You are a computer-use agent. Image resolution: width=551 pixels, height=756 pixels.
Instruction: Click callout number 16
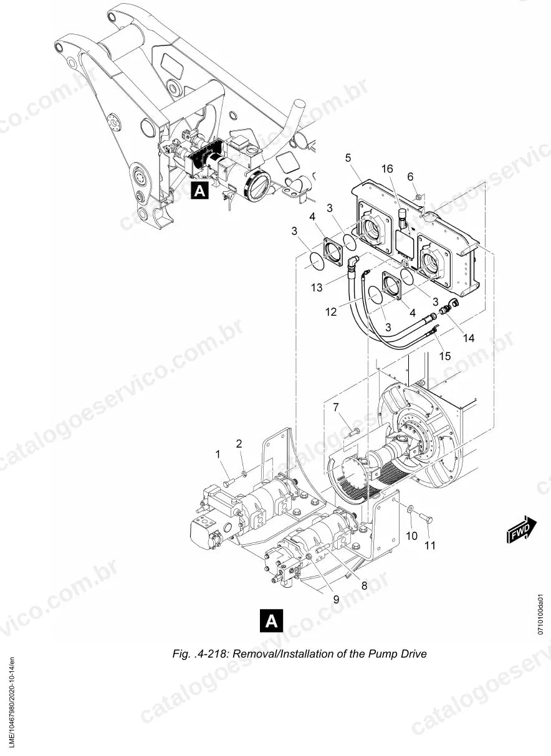[x=387, y=169]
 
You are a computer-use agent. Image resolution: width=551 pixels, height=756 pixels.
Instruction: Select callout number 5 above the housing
[x=348, y=158]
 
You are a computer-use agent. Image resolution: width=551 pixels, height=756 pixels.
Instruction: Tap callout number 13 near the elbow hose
[x=317, y=288]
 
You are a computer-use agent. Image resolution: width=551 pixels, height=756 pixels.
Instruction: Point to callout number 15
[x=445, y=356]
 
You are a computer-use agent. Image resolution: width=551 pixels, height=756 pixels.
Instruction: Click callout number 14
[x=469, y=338]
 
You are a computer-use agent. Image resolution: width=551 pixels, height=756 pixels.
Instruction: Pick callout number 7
[x=335, y=408]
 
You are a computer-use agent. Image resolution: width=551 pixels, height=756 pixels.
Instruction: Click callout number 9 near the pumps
[x=336, y=600]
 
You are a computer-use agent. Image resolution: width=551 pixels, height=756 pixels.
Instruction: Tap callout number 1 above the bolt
[x=218, y=454]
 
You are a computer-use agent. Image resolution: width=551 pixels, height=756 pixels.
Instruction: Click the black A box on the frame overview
[x=200, y=191]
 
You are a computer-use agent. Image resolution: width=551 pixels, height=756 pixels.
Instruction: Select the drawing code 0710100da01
[x=541, y=614]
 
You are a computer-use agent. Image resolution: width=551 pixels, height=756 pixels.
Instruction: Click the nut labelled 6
[x=418, y=196]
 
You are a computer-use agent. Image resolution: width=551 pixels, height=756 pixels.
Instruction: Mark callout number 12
[x=331, y=312]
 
